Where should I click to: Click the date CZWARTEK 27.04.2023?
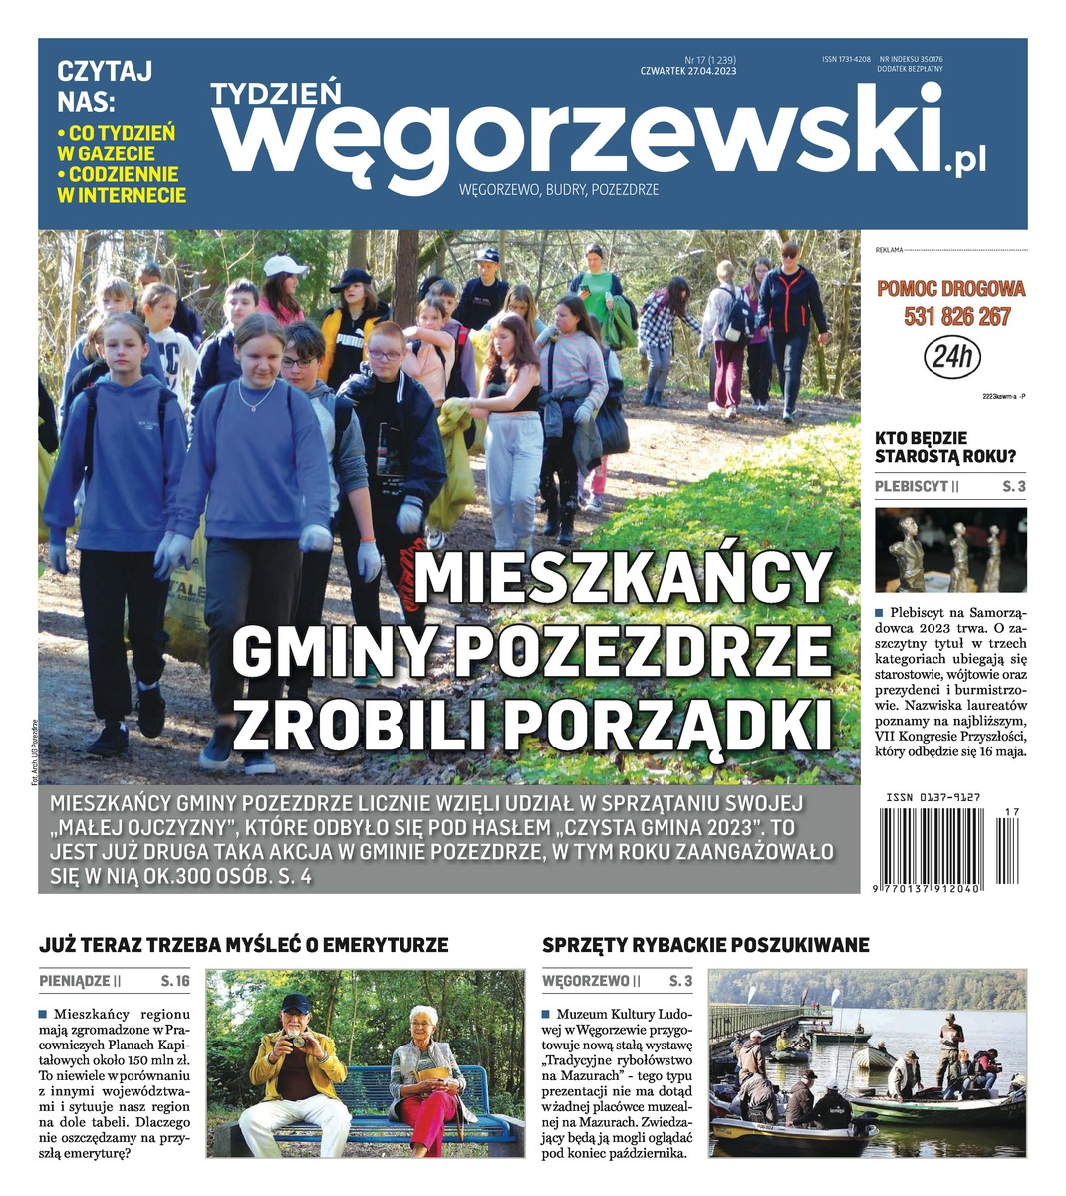[688, 71]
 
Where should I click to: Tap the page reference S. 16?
[174, 981]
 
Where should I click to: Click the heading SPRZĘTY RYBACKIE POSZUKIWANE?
[705, 944]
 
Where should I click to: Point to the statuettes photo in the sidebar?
[950, 550]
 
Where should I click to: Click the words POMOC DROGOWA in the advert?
[950, 289]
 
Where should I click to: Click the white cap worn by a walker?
[284, 265]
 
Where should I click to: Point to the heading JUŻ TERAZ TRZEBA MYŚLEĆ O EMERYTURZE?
[244, 944]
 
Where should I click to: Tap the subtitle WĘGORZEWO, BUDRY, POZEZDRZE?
[558, 189]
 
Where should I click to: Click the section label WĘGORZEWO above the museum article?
[586, 981]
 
